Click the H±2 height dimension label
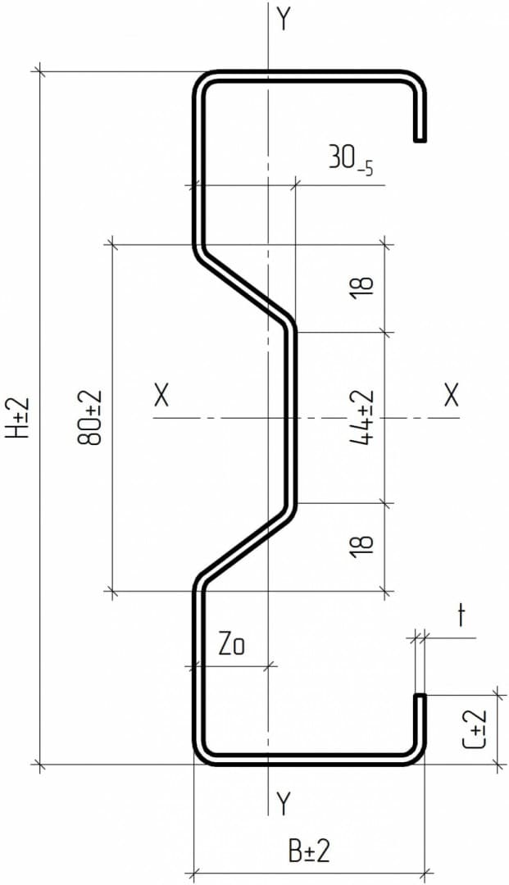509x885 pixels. (x=18, y=418)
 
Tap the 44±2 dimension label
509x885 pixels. (x=361, y=417)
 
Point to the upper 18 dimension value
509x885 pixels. (x=363, y=288)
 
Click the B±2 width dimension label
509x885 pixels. (x=309, y=851)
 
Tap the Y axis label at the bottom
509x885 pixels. (x=284, y=803)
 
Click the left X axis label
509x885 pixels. (x=161, y=396)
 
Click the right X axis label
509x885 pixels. (x=451, y=396)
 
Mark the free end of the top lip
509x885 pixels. (x=420, y=141)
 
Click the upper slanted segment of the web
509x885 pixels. (x=245, y=288)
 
